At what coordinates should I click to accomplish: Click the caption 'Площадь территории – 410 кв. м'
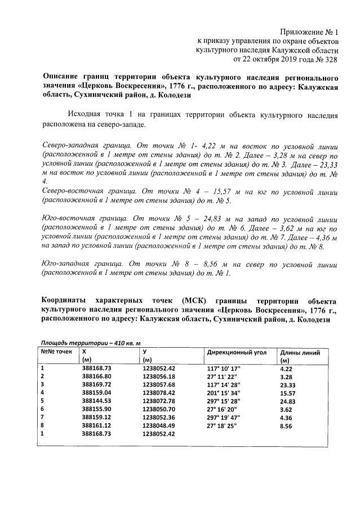(90, 343)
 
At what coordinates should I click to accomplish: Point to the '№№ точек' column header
(56, 352)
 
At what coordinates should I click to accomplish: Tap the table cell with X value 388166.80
(97, 376)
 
